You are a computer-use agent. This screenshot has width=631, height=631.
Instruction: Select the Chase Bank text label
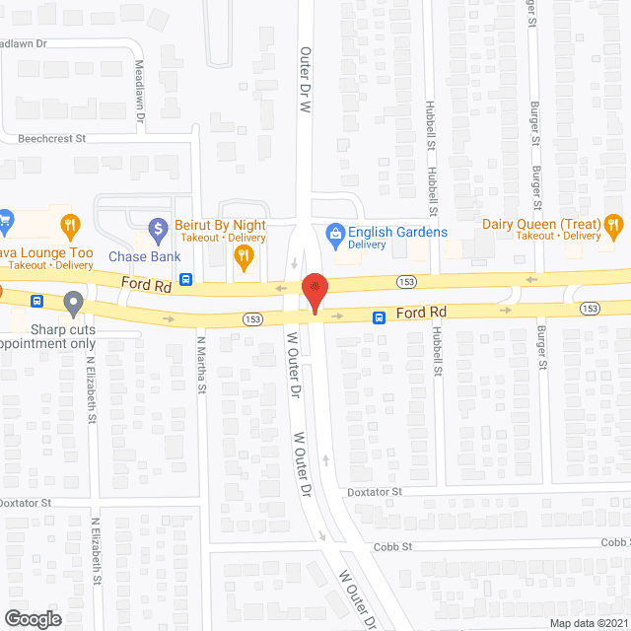[144, 256]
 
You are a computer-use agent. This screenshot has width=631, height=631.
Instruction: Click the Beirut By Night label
[221, 225]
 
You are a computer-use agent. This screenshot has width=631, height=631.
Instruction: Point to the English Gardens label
[396, 232]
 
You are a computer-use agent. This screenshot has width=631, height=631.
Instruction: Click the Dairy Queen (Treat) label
[541, 223]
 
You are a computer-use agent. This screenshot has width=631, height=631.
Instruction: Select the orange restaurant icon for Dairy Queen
[613, 229]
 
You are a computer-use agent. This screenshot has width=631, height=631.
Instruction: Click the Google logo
[32, 618]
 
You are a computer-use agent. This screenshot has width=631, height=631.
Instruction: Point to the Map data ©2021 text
[588, 623]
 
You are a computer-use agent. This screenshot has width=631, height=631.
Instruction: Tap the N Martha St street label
[201, 364]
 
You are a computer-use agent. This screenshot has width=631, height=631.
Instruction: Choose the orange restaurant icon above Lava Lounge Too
[69, 227]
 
